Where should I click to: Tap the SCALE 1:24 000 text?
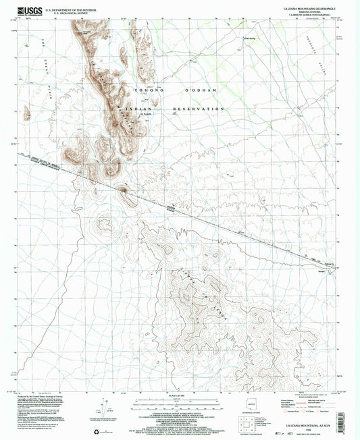pos(179,395)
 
